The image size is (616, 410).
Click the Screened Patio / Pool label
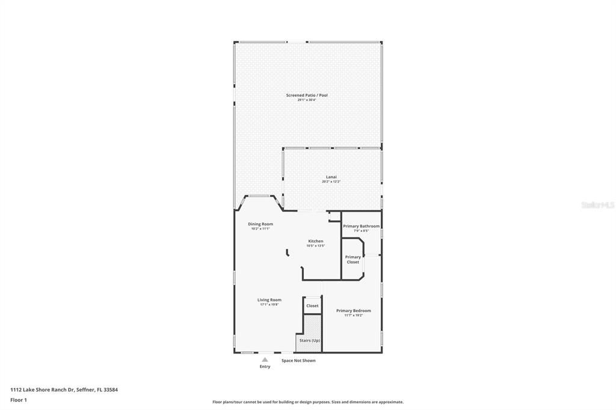(307, 95)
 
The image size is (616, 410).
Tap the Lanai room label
(329, 177)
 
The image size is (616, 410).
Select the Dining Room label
(260, 224)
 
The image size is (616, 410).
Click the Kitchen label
(316, 241)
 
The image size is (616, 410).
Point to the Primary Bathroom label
(361, 226)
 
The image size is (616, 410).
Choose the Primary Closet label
(353, 259)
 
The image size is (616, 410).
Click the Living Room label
(269, 300)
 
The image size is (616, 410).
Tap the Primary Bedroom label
(353, 311)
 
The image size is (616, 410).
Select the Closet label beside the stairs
(312, 306)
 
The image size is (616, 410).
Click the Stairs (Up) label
(310, 341)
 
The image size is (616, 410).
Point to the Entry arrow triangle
(265, 360)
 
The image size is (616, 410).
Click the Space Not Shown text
(298, 361)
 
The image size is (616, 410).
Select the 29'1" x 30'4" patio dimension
(307, 100)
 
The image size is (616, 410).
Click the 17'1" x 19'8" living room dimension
(269, 305)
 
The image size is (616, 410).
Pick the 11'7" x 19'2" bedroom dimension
(353, 316)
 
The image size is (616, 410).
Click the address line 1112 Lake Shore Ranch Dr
(64, 390)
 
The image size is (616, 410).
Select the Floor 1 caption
(19, 400)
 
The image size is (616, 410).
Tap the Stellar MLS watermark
(597, 205)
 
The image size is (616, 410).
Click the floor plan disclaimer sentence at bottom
(307, 402)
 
